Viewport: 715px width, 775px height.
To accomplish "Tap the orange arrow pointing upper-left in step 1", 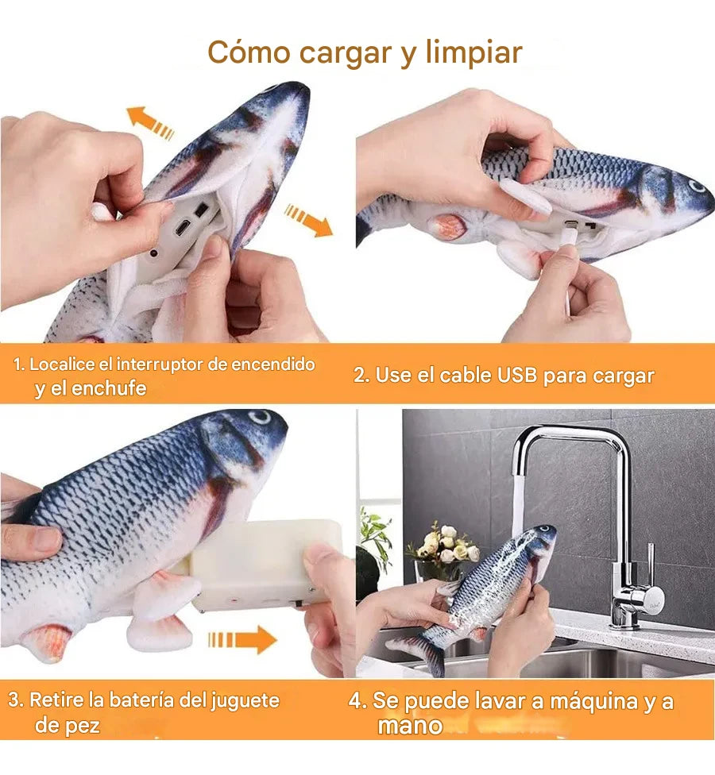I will click(x=149, y=122).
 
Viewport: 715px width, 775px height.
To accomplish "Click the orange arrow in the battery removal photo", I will click(x=242, y=639).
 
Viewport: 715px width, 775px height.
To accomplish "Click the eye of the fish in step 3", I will click(x=260, y=417).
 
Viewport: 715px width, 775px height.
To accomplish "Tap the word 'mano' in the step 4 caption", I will click(x=409, y=726).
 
